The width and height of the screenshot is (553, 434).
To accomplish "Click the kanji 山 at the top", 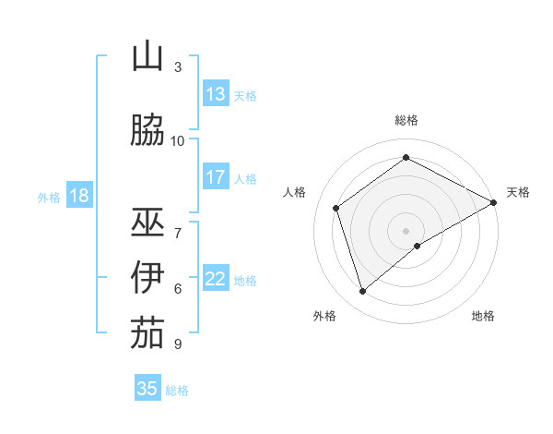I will click(147, 57).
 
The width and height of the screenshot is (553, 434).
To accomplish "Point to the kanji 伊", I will click(147, 278).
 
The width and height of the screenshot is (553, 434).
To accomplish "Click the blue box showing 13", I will click(216, 94).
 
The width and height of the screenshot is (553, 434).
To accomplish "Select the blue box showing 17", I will click(216, 177).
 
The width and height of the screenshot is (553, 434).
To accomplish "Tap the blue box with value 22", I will click(216, 279).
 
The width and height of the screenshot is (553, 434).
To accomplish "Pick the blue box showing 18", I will click(78, 196).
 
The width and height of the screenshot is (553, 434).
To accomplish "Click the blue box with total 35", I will click(147, 389).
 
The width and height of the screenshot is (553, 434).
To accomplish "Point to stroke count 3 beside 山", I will click(178, 67).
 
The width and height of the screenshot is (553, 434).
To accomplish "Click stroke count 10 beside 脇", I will click(178, 140).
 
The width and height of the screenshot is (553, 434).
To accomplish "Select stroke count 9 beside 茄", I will click(178, 344).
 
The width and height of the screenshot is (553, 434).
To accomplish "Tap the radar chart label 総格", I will click(406, 120).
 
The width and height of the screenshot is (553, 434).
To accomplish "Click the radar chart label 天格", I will click(518, 192).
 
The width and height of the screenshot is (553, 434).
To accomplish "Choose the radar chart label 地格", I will click(483, 316).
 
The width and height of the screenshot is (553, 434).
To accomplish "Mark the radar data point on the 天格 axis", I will click(494, 202).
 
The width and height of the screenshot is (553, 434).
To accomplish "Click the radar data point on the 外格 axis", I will click(363, 292).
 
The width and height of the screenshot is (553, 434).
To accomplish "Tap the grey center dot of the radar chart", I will click(406, 230).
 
